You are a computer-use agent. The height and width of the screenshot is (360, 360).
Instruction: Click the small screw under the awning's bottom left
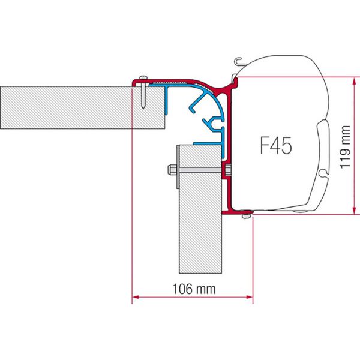pos(245,214)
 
